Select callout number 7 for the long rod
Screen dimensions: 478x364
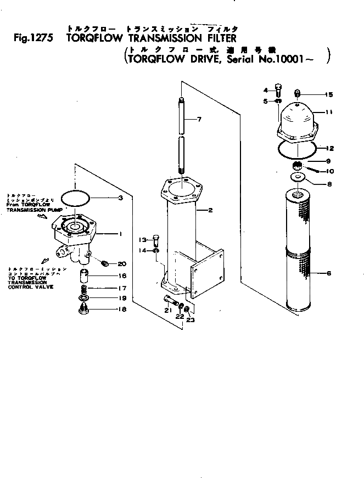point(199,119)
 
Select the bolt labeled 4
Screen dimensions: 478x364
point(279,91)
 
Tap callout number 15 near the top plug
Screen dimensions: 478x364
point(329,95)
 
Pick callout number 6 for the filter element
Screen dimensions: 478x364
point(329,273)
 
